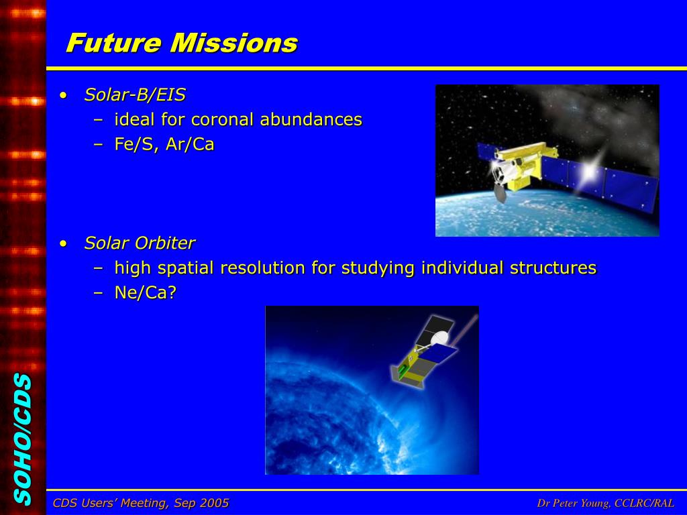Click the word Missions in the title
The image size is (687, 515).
(x=234, y=43)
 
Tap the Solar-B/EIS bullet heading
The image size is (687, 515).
(x=135, y=95)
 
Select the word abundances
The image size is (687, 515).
(x=311, y=119)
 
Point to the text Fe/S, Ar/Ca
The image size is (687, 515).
(x=164, y=145)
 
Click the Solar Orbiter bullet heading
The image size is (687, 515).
(x=140, y=243)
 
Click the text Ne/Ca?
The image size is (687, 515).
(x=145, y=292)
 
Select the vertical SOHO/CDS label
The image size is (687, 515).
(x=23, y=439)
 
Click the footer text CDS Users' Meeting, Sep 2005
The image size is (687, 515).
(x=141, y=503)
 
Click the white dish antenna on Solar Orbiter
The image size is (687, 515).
(x=440, y=338)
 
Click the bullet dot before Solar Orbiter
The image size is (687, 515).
(x=64, y=243)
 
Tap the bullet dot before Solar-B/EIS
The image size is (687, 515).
(x=64, y=95)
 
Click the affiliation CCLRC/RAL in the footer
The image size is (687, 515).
(x=645, y=503)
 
